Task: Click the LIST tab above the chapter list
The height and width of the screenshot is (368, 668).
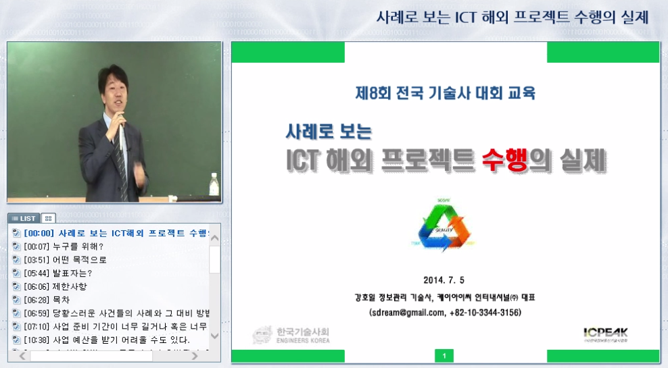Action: [24, 218]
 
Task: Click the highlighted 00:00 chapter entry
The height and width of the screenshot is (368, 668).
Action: [115, 233]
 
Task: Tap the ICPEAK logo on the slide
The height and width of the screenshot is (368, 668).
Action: [605, 333]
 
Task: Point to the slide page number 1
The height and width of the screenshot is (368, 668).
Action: [444, 356]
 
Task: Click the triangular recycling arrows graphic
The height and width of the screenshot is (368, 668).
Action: [444, 225]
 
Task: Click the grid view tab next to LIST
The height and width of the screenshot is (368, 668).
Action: [49, 218]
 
